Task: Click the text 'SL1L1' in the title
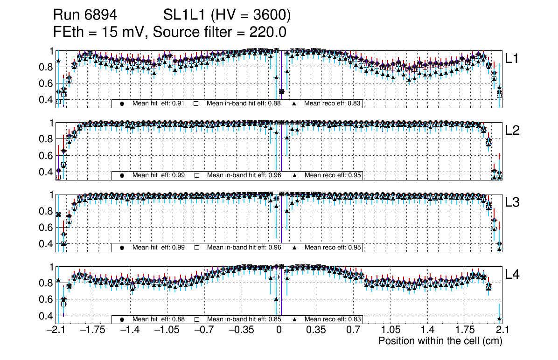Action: point(184,15)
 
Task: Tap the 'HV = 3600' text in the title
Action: point(251,15)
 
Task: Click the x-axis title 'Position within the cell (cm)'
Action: point(440,341)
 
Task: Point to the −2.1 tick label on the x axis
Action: point(56,330)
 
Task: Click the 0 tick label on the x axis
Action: point(279,330)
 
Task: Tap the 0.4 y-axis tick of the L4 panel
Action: point(46,316)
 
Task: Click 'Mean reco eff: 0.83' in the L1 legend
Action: point(333,103)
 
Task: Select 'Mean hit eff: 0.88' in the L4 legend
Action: point(159,319)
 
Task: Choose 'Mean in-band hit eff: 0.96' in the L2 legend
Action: point(244,175)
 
